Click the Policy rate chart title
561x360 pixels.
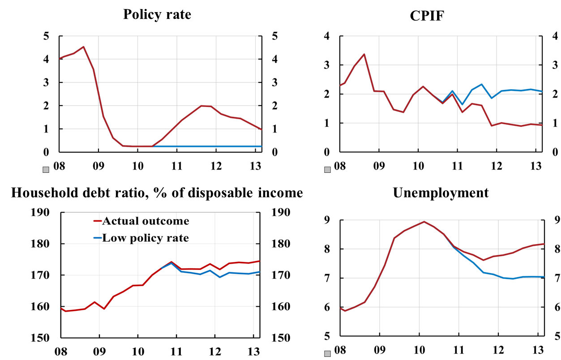pos(157,14)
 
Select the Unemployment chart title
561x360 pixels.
pos(441,193)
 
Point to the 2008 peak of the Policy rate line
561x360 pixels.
pos(83,47)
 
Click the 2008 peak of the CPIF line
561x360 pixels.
pos(364,54)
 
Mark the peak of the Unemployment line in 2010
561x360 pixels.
pos(424,221)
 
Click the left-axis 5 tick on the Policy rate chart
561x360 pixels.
pos(46,36)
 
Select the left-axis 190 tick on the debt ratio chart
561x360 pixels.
pos(40,212)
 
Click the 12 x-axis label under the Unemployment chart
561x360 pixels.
pos(496,348)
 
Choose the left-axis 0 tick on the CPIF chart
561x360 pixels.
pos(326,153)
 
